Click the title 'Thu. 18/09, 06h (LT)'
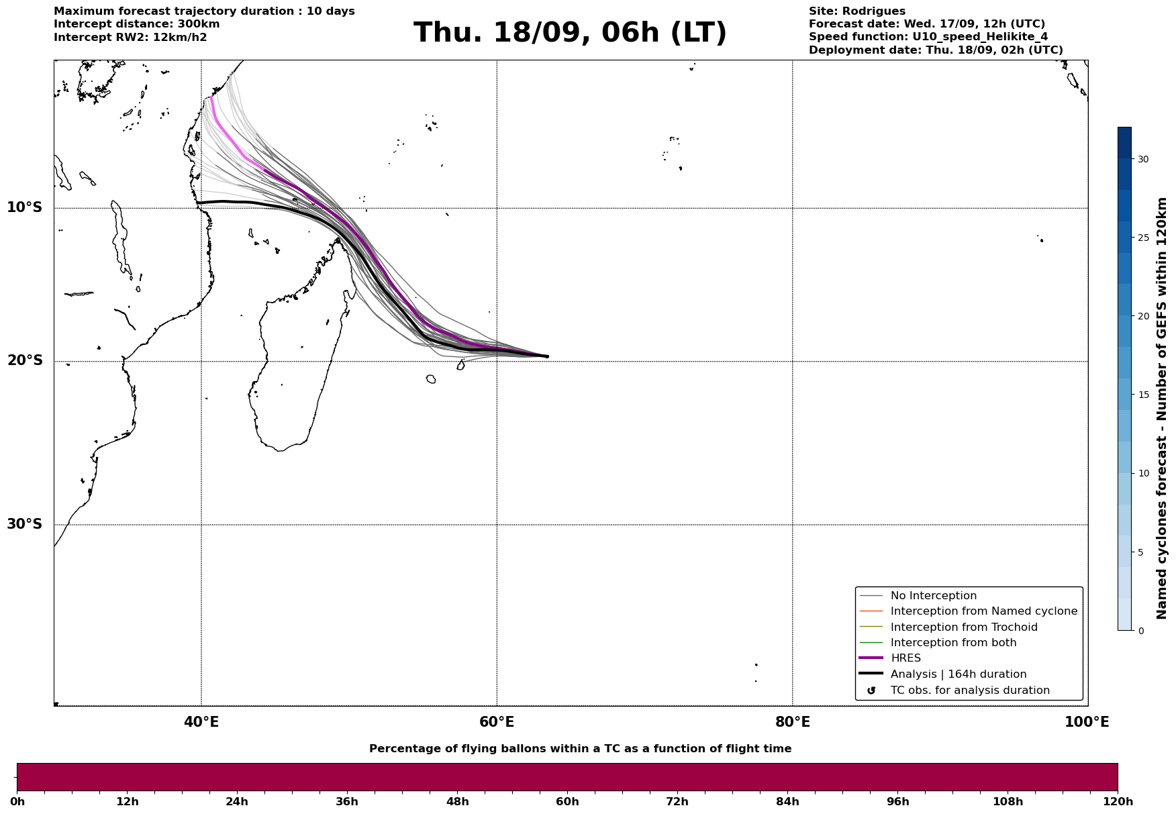tap(570, 33)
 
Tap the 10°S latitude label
tap(25, 207)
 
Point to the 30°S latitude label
tap(25, 524)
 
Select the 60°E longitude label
tap(497, 723)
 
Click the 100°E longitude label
tap(1087, 723)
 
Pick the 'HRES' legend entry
tap(905, 658)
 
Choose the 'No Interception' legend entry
tap(933, 596)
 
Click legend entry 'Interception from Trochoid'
tap(963, 627)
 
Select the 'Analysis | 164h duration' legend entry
tap(958, 674)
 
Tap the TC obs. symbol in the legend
tap(871, 691)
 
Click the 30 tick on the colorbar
tap(1142, 160)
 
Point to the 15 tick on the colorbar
tap(1142, 395)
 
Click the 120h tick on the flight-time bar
tap(1118, 801)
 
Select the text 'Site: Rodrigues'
tap(856, 11)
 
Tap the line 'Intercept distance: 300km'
tap(136, 24)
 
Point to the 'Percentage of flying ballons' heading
tap(580, 749)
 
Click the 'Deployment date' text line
tap(935, 50)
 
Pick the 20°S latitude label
tap(25, 361)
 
